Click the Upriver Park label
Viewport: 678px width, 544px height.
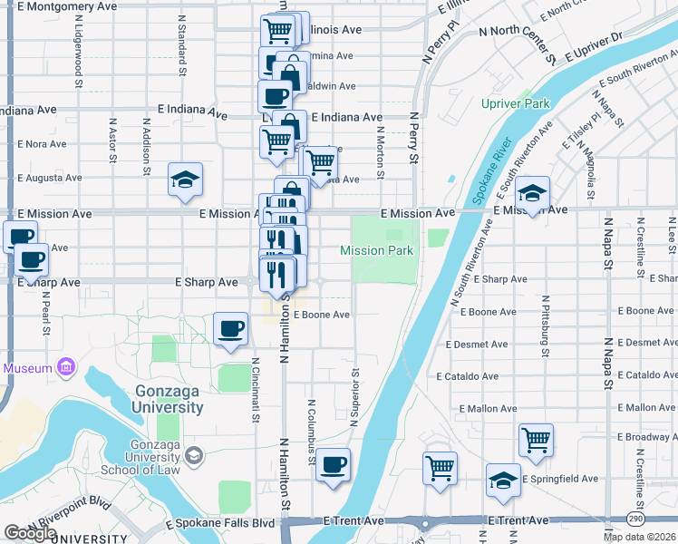coord(516,103)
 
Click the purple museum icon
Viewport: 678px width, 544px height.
coord(65,368)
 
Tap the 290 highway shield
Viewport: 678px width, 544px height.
coord(636,517)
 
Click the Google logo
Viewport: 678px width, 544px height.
coord(30,533)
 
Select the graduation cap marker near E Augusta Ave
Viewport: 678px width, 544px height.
coord(185,180)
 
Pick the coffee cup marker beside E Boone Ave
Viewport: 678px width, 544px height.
coord(230,329)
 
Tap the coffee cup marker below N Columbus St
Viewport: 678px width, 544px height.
coord(333,465)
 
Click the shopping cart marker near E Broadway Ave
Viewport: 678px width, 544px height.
coord(536,441)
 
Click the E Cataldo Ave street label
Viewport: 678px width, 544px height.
coord(467,376)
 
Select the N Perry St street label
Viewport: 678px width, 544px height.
coord(413,138)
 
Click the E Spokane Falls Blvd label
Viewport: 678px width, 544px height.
coord(220,524)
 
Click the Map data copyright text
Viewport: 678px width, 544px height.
coord(640,537)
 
